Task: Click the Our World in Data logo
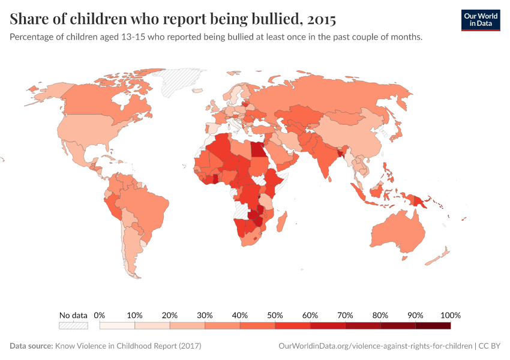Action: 480,20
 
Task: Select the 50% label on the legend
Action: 275,315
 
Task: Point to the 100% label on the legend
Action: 450,315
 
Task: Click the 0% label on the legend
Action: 100,315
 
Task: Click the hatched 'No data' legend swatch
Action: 73,326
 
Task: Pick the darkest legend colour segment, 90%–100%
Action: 433,326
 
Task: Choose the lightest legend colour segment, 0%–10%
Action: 117,326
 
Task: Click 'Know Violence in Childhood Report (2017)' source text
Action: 128,346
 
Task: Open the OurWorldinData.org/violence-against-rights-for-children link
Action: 376,346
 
